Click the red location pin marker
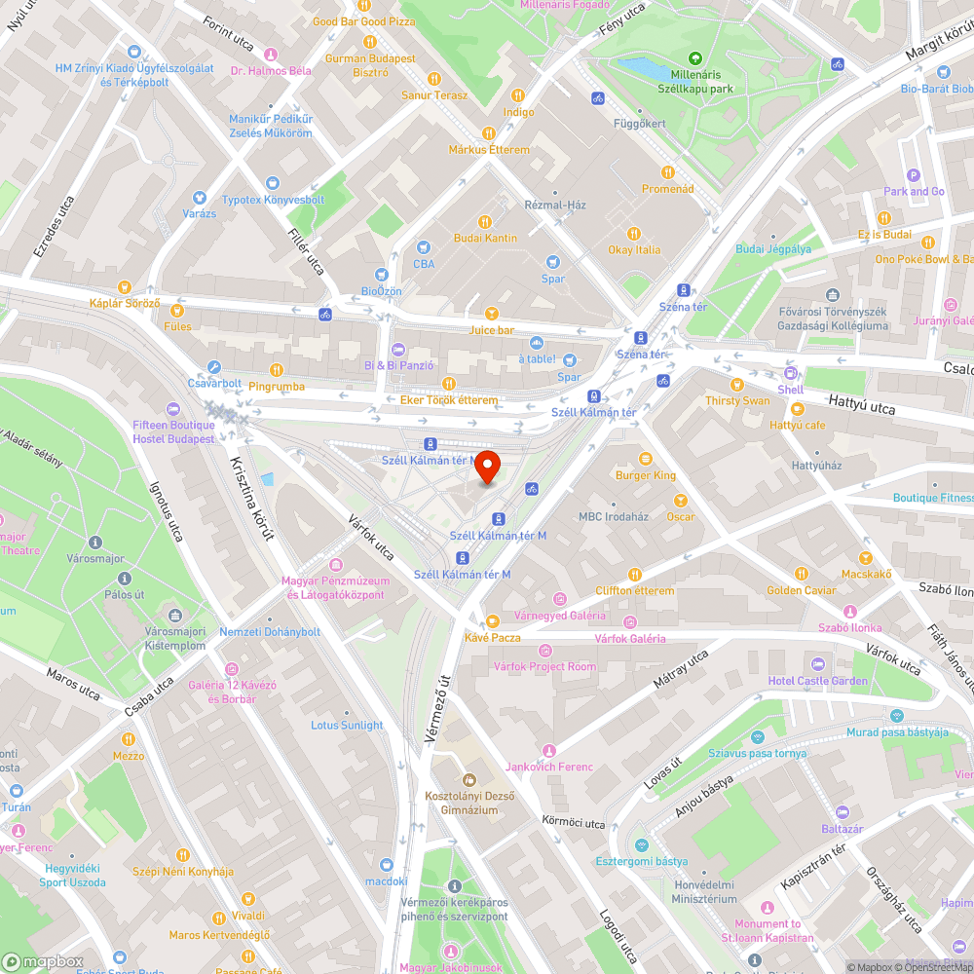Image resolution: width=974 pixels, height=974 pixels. point(487,466)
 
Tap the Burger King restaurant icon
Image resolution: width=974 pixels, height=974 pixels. point(644,459)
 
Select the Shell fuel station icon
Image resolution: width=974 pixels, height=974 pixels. point(790,373)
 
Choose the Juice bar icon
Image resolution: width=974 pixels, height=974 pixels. point(491,314)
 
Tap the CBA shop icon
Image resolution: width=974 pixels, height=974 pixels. point(424,247)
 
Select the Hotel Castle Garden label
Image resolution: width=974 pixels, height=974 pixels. point(817,680)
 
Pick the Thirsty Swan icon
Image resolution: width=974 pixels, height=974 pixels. point(737,385)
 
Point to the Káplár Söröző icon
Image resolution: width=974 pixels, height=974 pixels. point(124,287)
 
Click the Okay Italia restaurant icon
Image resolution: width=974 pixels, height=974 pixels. point(634,233)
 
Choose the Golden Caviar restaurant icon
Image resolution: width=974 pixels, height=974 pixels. point(801,574)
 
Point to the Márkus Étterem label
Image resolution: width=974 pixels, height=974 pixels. point(489,149)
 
